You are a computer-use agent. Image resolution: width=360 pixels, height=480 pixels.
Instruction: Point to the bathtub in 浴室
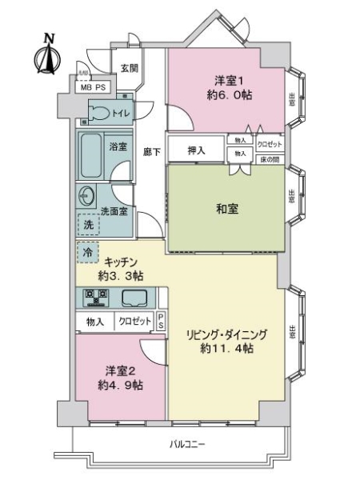[92, 157]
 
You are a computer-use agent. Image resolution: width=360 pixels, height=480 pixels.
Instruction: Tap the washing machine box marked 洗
[87, 226]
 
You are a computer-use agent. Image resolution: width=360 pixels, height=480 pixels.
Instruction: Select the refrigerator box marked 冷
[87, 252]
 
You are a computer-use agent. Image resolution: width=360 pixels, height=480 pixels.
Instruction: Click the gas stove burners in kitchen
[96, 298]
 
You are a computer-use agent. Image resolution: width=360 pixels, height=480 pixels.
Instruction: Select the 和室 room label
[226, 209]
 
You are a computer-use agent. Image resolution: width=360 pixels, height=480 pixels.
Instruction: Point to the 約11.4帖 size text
[227, 349]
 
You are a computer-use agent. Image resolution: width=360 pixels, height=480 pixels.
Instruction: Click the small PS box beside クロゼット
[161, 321]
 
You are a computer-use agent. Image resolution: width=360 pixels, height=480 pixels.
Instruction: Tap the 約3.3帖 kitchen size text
[121, 275]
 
